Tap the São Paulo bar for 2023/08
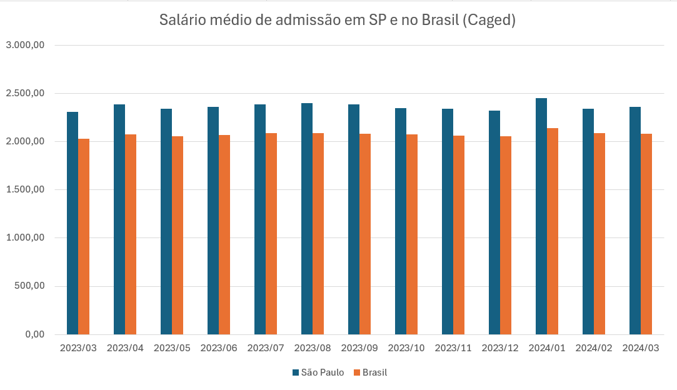(307, 219)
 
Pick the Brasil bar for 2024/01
(553, 231)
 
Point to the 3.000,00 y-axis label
(24, 45)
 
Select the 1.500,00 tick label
(24, 189)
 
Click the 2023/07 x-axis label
(266, 347)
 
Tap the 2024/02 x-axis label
(594, 347)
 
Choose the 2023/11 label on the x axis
(453, 347)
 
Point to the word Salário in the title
(181, 21)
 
